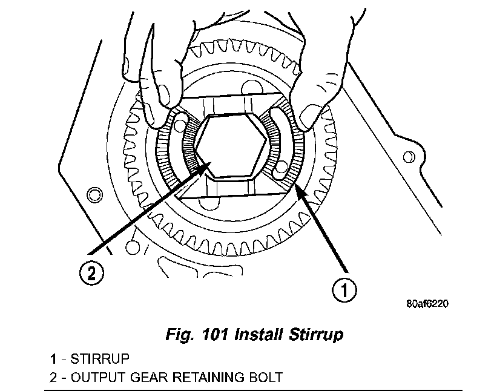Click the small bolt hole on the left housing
tap(93, 194)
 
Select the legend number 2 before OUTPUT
tap(54, 378)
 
